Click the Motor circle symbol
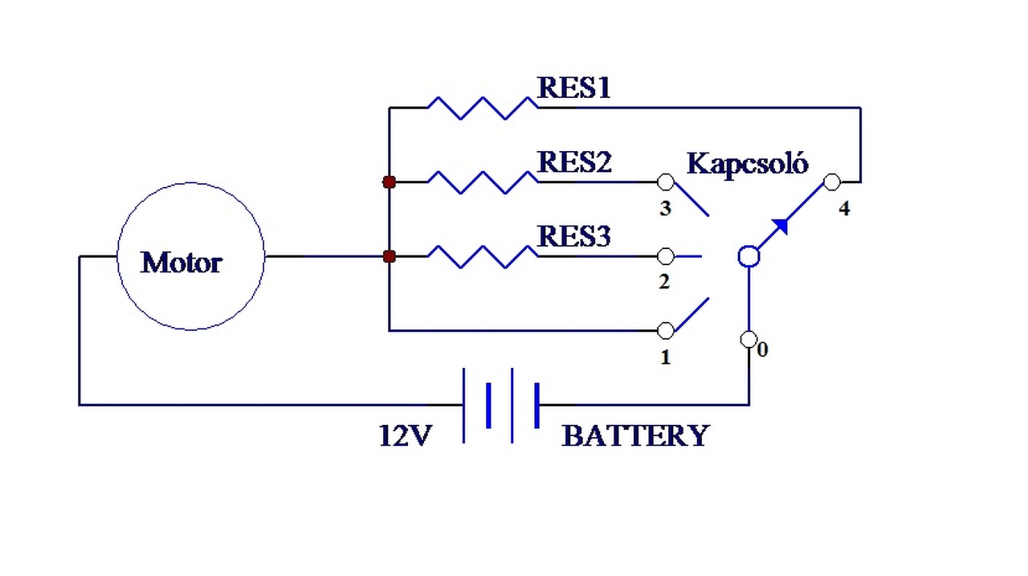click(118, 256)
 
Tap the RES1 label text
click(573, 88)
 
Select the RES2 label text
click(574, 162)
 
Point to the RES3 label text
click(573, 236)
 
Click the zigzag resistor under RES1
click(483, 108)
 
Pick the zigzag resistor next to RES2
click(483, 182)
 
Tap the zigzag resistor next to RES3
click(483, 256)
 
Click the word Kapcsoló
click(747, 164)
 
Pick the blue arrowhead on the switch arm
click(781, 226)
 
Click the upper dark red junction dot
click(390, 182)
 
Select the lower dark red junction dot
click(390, 256)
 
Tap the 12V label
click(406, 435)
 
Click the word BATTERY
click(635, 435)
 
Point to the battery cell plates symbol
click(501, 406)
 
